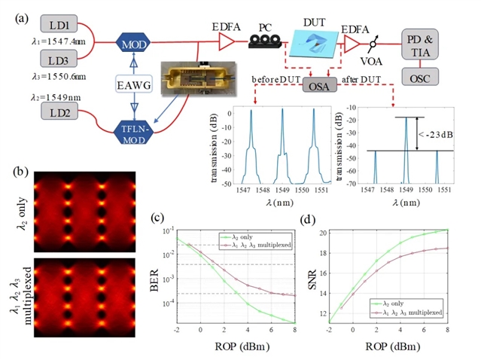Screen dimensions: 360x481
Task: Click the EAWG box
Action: (134, 88)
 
